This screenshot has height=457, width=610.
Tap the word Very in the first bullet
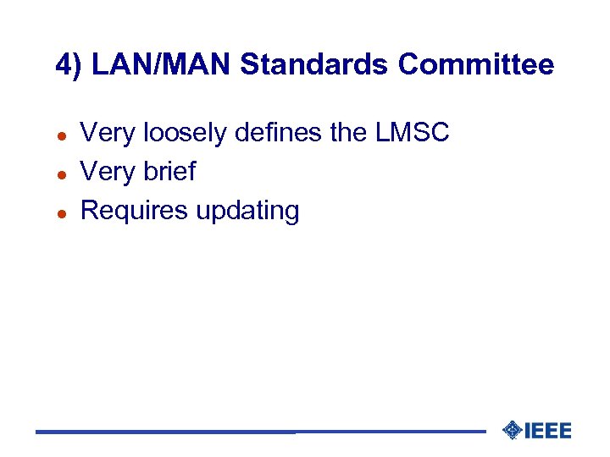pyautogui.click(x=108, y=133)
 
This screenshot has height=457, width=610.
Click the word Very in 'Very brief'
pyautogui.click(x=108, y=171)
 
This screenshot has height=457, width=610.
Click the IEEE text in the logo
pyautogui.click(x=548, y=431)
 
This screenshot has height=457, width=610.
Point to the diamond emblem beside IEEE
pyautogui.click(x=511, y=431)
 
